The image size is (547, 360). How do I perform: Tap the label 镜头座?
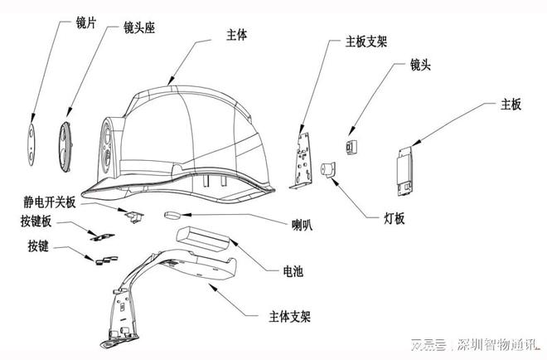[140, 27]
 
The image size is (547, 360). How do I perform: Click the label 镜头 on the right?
[420, 64]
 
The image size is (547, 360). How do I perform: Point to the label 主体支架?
[290, 316]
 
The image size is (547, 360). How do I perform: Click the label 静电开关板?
[51, 202]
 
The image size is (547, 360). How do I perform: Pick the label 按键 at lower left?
[37, 246]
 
